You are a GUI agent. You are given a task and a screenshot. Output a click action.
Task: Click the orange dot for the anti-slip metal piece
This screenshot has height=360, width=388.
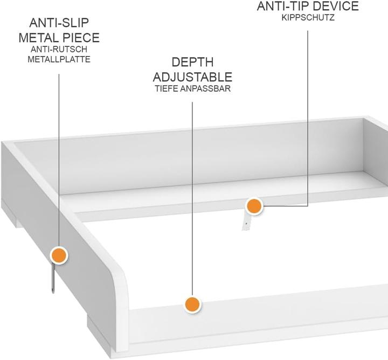59,255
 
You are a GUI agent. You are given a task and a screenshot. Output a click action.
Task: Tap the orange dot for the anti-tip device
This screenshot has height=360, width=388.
254,206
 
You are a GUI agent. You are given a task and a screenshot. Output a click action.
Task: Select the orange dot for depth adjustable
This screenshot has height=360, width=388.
192,304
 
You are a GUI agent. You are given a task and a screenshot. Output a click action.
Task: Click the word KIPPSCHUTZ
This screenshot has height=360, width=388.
308,18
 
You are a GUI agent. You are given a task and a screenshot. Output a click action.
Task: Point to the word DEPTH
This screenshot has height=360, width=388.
192,62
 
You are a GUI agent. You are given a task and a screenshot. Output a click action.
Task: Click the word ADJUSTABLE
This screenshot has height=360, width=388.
192,77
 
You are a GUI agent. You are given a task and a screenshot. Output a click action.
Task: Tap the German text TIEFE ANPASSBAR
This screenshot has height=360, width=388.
193,88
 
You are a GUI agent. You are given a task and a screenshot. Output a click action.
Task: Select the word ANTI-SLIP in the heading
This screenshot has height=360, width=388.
59,23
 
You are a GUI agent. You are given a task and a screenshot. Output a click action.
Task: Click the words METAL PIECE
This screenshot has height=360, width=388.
59,38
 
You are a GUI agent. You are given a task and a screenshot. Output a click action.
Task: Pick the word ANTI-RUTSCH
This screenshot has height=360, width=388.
59,49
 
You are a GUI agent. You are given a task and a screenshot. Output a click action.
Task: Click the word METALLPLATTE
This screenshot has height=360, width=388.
59,59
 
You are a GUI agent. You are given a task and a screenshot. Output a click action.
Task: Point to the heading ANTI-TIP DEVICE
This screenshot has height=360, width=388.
308,6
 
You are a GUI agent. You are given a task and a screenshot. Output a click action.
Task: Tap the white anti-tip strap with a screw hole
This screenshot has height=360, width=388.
247,221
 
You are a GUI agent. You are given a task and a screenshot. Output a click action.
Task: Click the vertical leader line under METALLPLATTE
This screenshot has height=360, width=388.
59,161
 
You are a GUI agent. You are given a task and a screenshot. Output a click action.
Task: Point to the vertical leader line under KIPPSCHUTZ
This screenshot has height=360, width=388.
308,118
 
